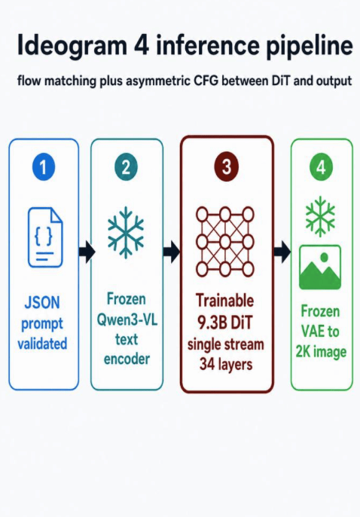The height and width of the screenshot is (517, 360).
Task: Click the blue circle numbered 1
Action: click(44, 167)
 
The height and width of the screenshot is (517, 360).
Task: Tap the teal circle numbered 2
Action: click(126, 167)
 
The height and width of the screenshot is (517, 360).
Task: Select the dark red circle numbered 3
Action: click(226, 167)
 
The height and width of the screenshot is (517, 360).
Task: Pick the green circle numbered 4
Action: click(321, 167)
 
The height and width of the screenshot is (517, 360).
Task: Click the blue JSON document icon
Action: click(45, 237)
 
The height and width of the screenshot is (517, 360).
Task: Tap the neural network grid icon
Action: click(225, 242)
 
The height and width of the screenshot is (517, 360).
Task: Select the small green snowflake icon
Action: click(320, 216)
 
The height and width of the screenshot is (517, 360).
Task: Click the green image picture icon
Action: click(320, 267)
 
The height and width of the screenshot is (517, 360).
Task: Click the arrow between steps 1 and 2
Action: click(87, 252)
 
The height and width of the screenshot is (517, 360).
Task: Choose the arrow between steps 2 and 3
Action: click(172, 252)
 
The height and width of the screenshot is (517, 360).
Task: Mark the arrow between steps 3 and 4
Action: click(282, 252)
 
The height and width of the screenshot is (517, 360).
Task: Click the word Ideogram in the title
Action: click(72, 46)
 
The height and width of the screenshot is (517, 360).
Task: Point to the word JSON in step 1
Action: click(42, 302)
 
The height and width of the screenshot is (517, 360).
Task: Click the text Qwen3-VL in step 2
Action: click(127, 320)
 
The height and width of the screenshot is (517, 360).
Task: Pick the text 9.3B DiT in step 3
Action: click(225, 323)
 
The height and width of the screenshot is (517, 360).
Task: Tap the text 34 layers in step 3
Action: click(226, 365)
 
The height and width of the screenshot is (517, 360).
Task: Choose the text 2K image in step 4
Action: click(321, 351)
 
